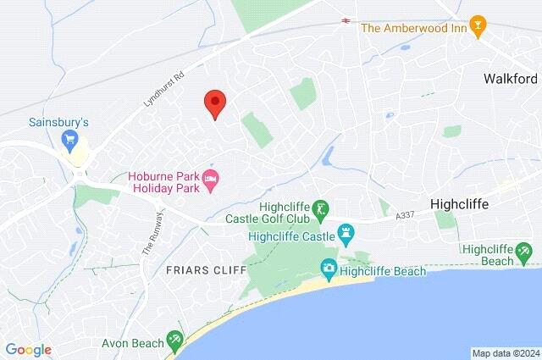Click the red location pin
pos(215,103)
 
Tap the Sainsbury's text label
pos(58,122)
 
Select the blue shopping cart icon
pos(70,139)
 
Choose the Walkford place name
pos(512,78)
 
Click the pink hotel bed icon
pos(211,177)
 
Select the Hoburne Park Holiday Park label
pos(164,182)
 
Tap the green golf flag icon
pos(320,208)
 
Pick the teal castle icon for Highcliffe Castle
pos(346,231)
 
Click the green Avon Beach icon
pos(174,340)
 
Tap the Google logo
pos(28,350)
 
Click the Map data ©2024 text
pos(505,353)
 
